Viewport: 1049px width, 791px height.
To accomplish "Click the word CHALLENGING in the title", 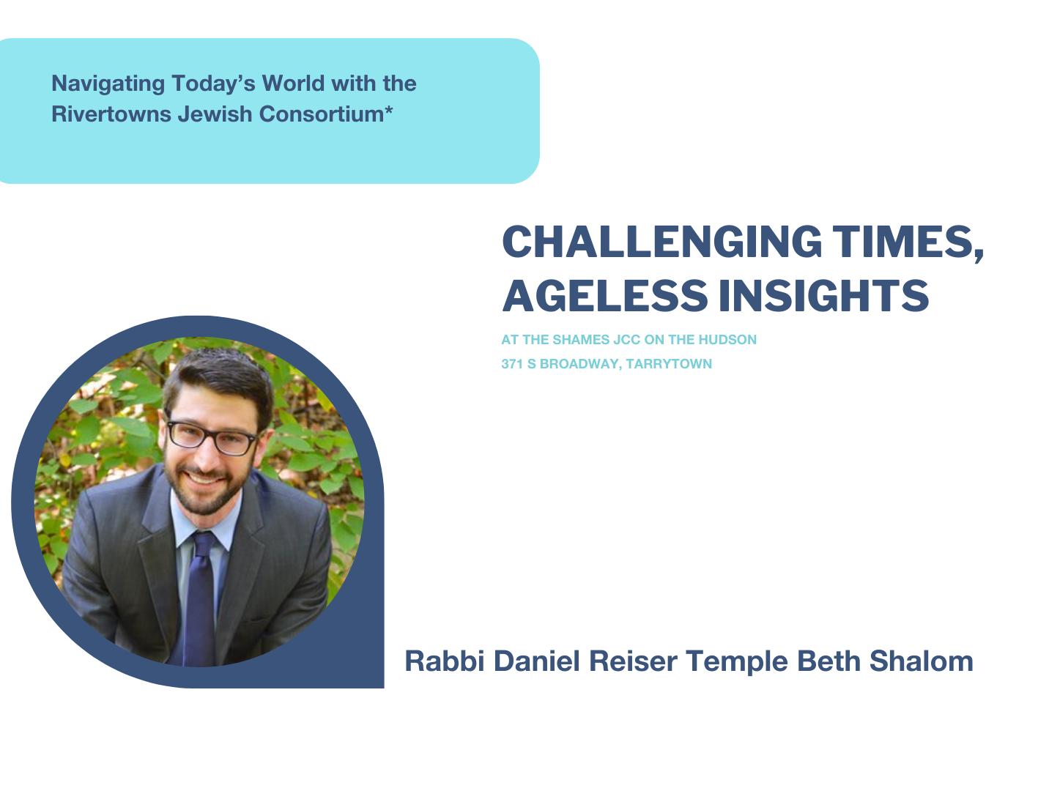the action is tap(662, 242).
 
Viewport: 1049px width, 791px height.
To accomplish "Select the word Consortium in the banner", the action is tap(322, 114).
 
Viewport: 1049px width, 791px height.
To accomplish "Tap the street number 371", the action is tap(512, 364).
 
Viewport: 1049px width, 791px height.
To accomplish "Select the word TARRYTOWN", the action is tap(669, 364).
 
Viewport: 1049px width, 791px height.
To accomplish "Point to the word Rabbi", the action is tap(445, 661).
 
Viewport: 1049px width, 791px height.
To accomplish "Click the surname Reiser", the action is tap(633, 661).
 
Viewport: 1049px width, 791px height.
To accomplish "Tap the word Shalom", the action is tap(921, 661).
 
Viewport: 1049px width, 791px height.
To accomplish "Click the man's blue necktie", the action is tap(200, 597).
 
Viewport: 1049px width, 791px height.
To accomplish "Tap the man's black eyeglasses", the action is tap(211, 436).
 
